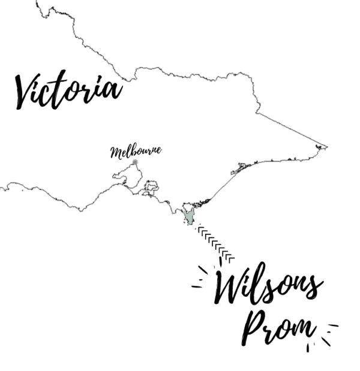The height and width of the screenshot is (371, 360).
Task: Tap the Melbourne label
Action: coord(136,151)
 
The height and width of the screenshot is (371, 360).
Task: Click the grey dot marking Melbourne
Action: coord(135,162)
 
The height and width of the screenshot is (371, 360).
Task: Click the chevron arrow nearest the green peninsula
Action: coord(200,230)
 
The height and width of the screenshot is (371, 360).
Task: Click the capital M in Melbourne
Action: coord(115,152)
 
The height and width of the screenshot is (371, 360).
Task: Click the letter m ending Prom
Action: coord(302,329)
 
